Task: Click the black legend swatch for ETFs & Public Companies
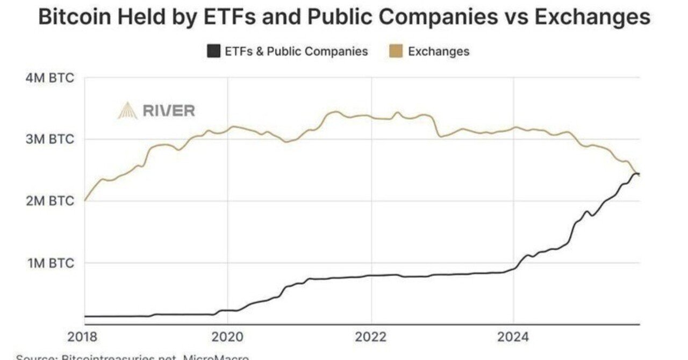214,52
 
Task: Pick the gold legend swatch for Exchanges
395,52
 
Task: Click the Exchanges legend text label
439,52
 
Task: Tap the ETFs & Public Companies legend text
296,52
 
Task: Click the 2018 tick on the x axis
85,337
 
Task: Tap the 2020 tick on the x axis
227,337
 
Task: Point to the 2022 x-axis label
371,337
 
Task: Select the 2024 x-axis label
514,337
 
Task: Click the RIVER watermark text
169,111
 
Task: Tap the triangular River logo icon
127,111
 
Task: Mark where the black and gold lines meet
636,174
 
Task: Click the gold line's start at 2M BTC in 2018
85,200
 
